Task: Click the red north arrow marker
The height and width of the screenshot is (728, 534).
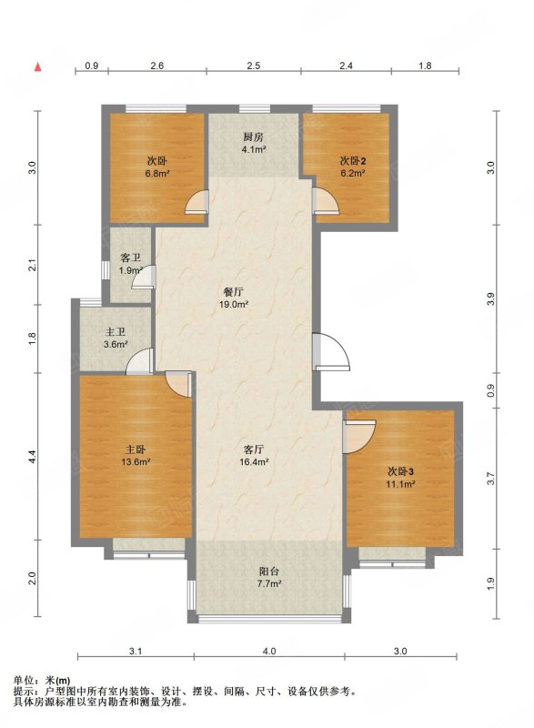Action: click(38, 66)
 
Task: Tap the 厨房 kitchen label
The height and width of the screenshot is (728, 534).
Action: click(253, 137)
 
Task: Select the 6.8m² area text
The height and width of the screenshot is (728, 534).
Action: click(157, 174)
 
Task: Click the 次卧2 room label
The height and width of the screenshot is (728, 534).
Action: click(353, 162)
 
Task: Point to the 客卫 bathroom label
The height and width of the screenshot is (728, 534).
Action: click(130, 258)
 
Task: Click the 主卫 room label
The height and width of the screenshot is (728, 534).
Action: click(116, 332)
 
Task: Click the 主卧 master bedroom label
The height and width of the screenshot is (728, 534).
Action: click(136, 450)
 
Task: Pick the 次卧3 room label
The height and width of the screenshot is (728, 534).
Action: click(401, 471)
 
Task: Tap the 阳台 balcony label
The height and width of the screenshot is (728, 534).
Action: click(269, 572)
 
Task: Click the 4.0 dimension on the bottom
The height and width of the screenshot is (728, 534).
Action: click(269, 651)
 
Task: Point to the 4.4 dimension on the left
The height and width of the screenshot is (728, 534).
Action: click(32, 457)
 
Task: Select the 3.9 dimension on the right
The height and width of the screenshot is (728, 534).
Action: click(492, 299)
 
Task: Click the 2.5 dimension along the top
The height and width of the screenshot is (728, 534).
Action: click(253, 66)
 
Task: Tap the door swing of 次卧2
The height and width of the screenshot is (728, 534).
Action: click(327, 200)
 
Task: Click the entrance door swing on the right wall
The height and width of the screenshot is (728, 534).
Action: click(331, 351)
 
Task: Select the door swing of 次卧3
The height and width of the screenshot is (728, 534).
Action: click(358, 437)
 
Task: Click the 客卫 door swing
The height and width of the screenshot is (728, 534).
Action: click(144, 278)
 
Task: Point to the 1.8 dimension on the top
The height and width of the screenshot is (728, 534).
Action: click(425, 66)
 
